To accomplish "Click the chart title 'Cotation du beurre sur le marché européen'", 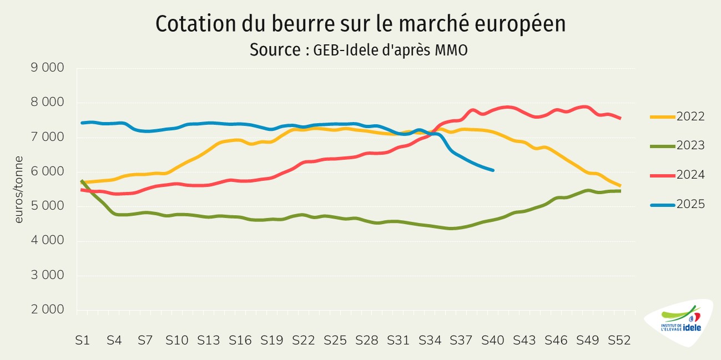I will click(360, 24).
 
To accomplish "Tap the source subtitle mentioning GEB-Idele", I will click(358, 50).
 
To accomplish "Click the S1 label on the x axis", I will click(82, 341).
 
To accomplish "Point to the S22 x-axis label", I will click(303, 341).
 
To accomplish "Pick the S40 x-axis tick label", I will click(492, 341).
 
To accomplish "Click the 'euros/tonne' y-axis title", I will click(19, 189).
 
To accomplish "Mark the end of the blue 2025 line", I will click(493, 170).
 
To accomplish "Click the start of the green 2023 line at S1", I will click(82, 181).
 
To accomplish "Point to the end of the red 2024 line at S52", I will click(620, 118).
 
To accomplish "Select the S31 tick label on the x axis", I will click(398, 341).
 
